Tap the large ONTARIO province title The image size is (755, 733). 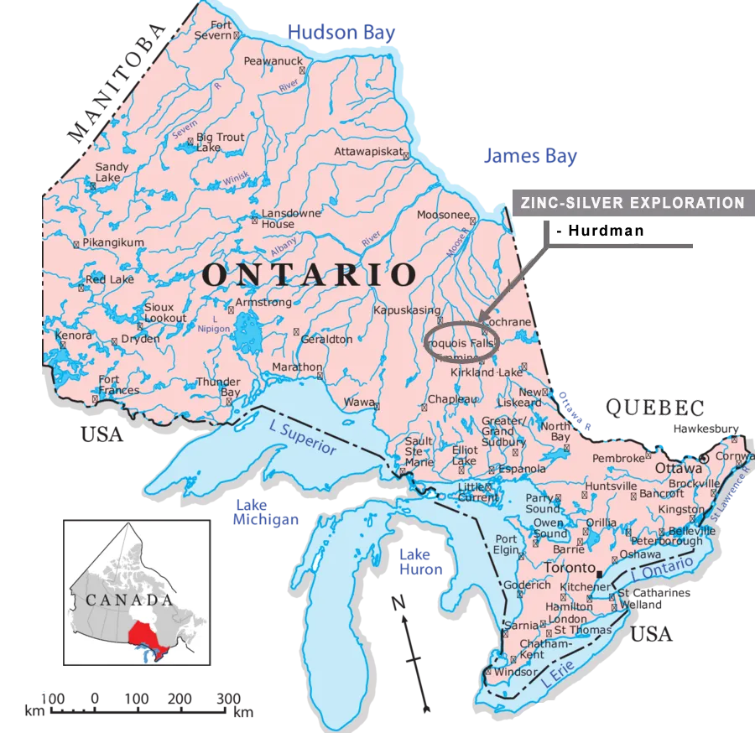310,274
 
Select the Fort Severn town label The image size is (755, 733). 213,31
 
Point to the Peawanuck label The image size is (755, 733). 271,61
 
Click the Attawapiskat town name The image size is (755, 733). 370,152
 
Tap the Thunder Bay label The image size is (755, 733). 218,387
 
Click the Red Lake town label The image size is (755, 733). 106,279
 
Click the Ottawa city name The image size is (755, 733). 679,467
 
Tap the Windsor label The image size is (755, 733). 515,672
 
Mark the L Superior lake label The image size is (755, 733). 303,438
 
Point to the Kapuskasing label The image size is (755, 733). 406,310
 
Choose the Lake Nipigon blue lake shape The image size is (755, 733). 247,333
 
